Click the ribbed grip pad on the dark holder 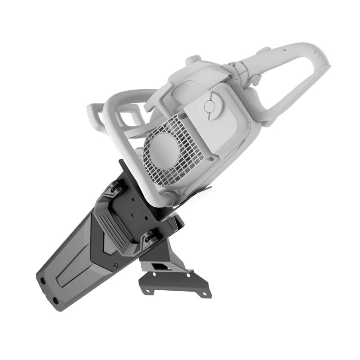110,228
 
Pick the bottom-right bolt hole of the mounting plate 203,294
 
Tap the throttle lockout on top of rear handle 264,49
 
